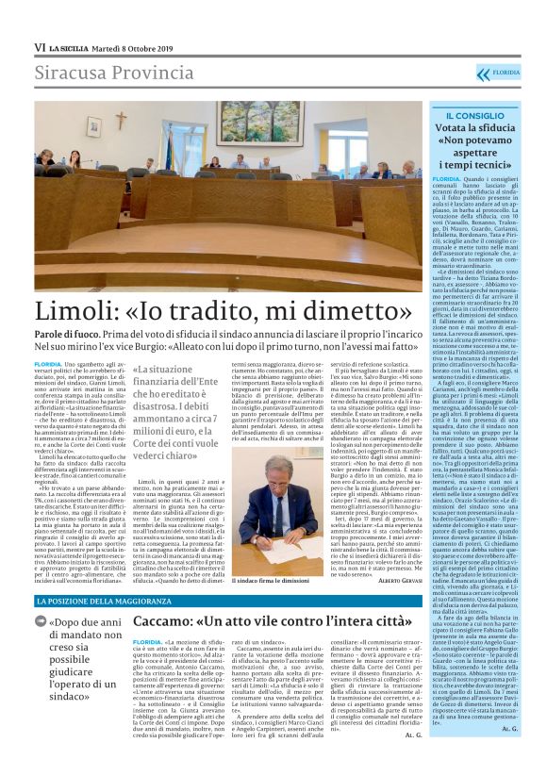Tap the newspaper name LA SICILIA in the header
pos(71,47)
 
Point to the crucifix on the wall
pos(121,121)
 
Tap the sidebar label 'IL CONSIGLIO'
pos(476,114)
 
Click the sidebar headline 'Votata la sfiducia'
pos(476,128)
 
